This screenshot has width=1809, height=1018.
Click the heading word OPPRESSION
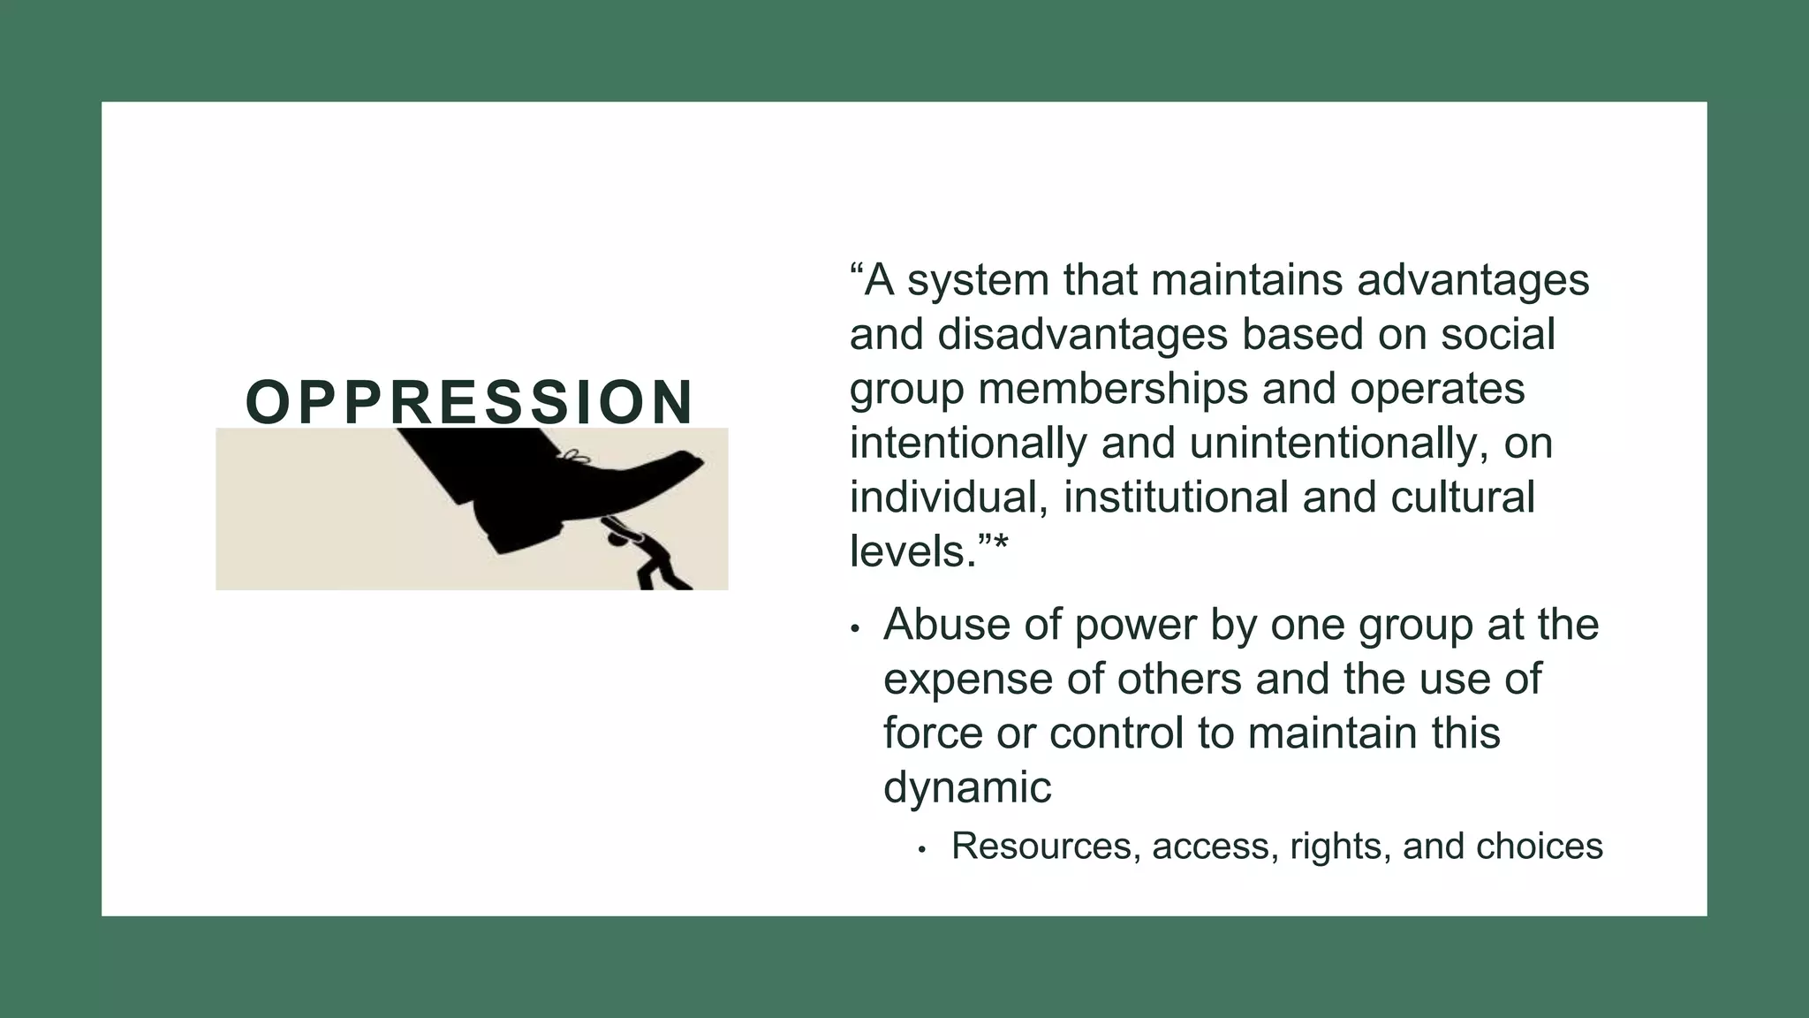469,402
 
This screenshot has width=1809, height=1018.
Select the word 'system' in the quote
977,281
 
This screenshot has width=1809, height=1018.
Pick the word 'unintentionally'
1332,444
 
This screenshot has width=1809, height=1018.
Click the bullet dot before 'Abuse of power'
854,628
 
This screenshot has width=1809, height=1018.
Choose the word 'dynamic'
967,787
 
